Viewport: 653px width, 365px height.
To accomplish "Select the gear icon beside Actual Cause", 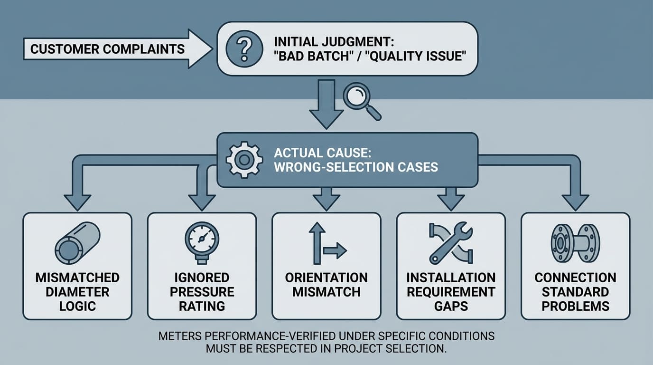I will tap(243, 160).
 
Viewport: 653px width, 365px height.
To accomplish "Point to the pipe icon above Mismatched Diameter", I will tap(77, 244).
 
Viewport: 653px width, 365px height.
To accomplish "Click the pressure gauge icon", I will tap(202, 242).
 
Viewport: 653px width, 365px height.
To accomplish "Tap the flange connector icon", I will tap(575, 243).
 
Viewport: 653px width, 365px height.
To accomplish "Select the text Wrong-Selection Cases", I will tap(355, 167).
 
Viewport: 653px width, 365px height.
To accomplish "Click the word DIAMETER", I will tap(77, 292).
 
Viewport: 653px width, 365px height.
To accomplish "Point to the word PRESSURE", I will tap(202, 292).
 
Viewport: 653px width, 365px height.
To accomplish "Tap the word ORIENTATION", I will tap(326, 278).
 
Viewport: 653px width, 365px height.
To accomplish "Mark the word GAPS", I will tap(450, 306).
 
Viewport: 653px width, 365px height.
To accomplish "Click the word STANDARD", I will tap(575, 292).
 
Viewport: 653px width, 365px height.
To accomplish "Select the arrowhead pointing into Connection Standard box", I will tap(575, 202).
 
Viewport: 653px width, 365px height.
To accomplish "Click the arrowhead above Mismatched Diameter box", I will tap(77, 202).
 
